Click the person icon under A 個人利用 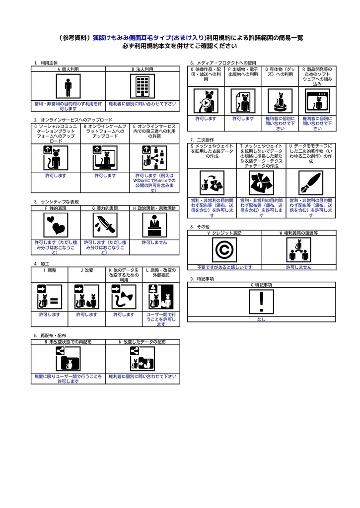pos(68,88)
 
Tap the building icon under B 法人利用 pos(142,88)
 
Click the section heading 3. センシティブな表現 pos(57,202)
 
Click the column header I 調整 pos(50,270)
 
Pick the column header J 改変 pos(86,270)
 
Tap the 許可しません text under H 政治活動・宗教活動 pos(154,242)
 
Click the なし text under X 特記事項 pos(261,319)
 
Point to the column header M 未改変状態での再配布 pos(68,342)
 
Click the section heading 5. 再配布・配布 pos(50,336)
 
